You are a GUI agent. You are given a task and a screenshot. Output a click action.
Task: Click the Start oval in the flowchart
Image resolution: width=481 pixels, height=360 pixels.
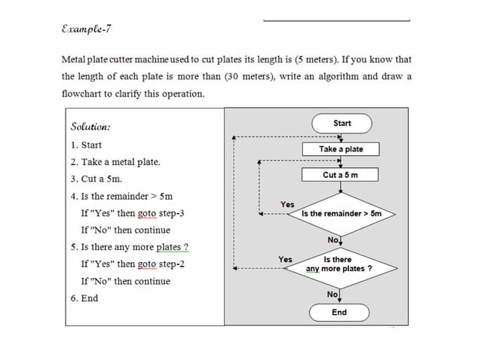(342, 124)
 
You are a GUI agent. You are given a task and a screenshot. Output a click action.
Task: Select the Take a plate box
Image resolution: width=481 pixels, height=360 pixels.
(341, 149)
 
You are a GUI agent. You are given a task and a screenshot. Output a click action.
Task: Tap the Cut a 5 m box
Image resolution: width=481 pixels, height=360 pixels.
(341, 175)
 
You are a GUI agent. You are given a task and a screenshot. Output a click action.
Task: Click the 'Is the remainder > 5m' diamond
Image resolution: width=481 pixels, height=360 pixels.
(342, 214)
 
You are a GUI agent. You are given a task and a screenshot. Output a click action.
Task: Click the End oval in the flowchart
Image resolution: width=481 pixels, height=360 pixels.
(339, 312)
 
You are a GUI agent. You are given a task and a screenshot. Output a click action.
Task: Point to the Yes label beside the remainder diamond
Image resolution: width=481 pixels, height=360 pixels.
(287, 204)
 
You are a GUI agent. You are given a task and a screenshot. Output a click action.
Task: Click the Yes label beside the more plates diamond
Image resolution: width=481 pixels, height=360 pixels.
(285, 259)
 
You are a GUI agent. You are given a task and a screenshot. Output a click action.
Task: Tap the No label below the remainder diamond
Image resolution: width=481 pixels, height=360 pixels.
(332, 239)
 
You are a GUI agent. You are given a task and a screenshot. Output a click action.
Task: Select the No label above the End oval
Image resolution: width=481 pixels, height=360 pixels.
(332, 294)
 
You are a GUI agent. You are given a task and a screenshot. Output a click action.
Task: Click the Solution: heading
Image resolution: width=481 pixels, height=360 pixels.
(90, 126)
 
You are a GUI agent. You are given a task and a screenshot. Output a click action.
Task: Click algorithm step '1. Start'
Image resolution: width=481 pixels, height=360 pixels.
(86, 145)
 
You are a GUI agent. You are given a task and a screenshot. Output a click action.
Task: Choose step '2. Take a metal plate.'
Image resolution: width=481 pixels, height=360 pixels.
(115, 162)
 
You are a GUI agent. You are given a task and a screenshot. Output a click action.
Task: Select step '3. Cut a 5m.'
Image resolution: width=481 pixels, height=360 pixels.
(96, 179)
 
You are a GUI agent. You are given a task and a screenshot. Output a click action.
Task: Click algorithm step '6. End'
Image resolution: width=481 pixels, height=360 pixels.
(84, 298)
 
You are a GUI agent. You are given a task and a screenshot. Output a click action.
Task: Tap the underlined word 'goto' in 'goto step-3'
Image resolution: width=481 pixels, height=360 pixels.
(147, 213)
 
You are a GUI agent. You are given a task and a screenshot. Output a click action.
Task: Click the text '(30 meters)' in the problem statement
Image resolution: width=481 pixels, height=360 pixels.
(248, 76)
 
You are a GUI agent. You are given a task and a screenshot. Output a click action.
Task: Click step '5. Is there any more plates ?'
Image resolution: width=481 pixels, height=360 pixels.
(129, 247)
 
